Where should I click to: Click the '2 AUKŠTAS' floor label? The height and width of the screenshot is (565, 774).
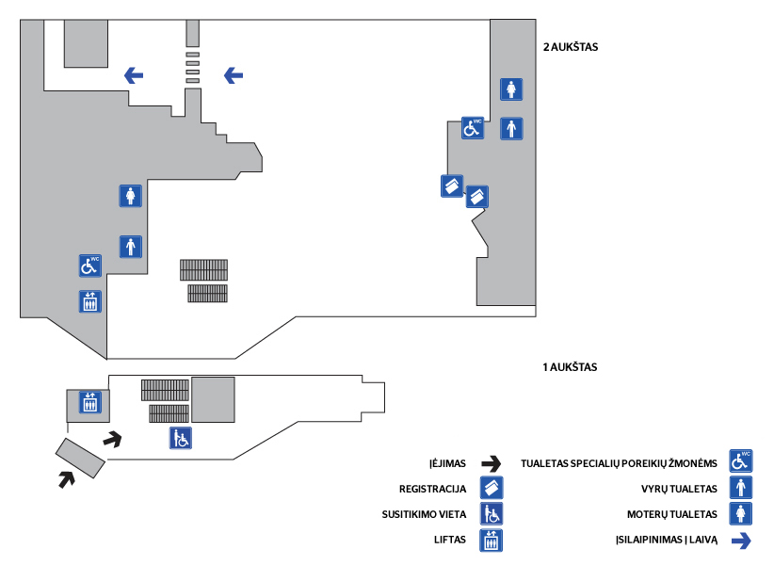(x=572, y=45)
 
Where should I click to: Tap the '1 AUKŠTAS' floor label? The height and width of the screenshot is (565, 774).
(x=570, y=367)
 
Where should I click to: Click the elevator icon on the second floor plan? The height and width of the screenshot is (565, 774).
(x=90, y=301)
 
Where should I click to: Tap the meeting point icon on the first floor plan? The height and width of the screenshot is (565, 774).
(x=181, y=438)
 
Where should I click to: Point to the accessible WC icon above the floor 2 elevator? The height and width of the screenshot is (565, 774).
(x=89, y=266)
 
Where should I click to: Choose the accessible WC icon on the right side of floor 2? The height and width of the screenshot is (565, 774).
(x=473, y=128)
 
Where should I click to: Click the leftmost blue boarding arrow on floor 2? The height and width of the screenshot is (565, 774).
(x=134, y=74)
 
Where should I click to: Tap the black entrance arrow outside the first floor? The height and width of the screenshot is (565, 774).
(x=66, y=478)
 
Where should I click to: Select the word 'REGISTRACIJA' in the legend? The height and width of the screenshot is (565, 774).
(x=433, y=489)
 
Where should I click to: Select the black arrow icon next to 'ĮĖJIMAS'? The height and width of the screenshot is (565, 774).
(x=491, y=463)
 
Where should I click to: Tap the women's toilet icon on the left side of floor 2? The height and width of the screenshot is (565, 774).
(x=131, y=196)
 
